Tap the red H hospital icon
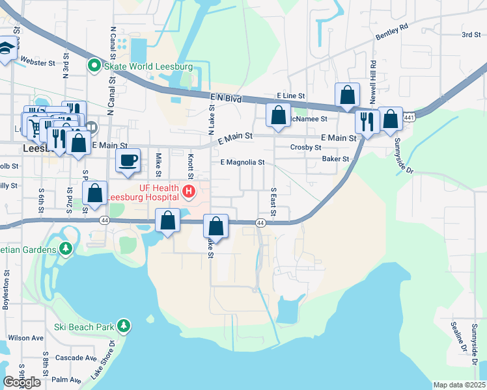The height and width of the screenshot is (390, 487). pyautogui.click(x=189, y=191)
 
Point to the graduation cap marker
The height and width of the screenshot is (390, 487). pyautogui.click(x=7, y=49)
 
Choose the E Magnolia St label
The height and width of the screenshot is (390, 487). pyautogui.click(x=242, y=162)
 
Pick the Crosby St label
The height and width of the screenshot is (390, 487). pyautogui.click(x=302, y=148)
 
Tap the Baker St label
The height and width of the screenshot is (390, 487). pyautogui.click(x=335, y=159)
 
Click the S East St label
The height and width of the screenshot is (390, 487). pyautogui.click(x=273, y=203)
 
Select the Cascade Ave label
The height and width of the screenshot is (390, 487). pyautogui.click(x=76, y=358)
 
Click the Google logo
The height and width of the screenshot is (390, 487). pyautogui.click(x=21, y=382)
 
